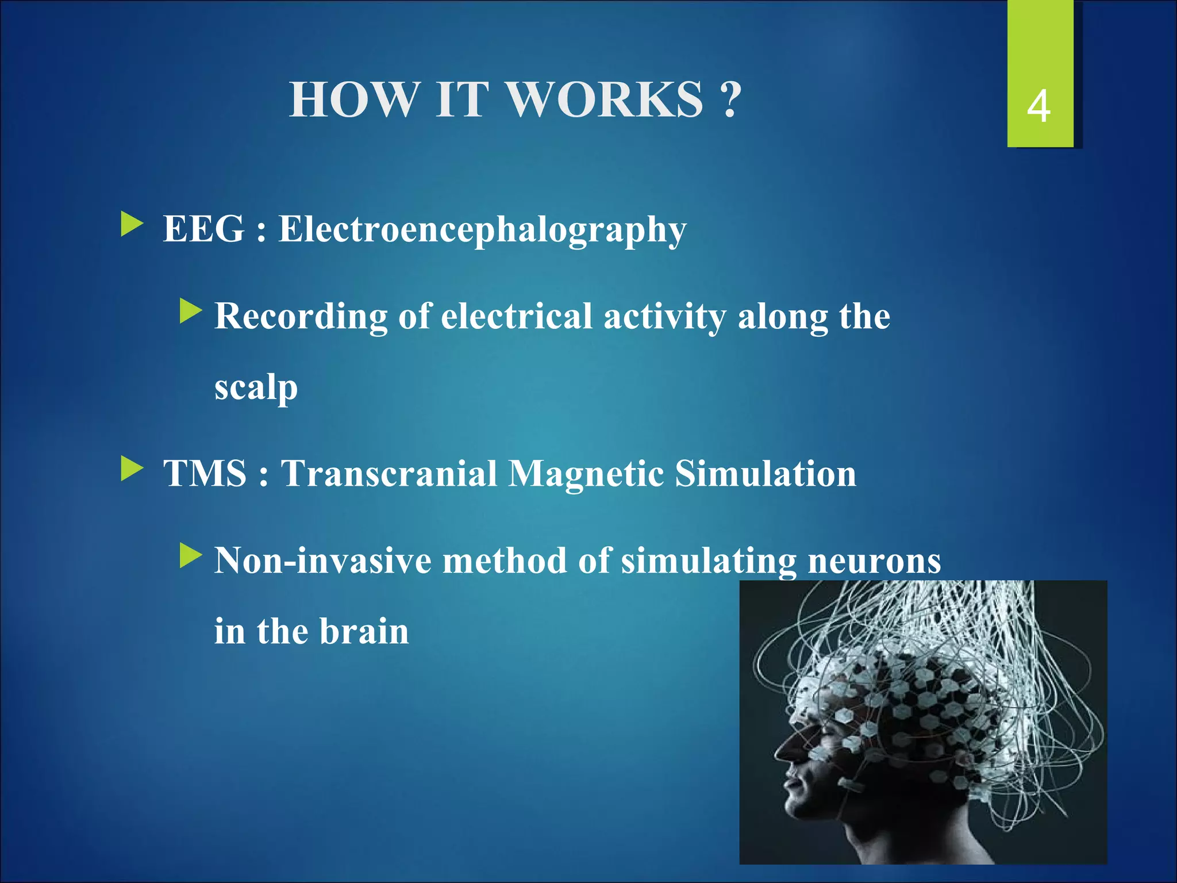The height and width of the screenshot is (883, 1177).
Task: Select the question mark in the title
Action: tap(729, 100)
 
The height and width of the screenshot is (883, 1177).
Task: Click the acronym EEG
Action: tap(204, 229)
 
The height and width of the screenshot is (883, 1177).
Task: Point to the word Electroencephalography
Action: tap(482, 231)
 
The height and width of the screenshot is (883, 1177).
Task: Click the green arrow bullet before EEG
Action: tap(132, 225)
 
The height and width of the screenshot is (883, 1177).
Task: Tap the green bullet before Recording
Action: tap(190, 311)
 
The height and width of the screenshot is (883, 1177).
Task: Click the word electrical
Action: tap(516, 316)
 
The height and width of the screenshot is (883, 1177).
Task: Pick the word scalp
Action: tap(256, 388)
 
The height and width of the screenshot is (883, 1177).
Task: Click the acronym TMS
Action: tap(205, 474)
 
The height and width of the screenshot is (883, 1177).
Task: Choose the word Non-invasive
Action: tap(322, 560)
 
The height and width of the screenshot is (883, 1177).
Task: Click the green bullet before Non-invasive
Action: tap(190, 555)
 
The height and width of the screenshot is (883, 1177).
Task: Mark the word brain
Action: tap(364, 631)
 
